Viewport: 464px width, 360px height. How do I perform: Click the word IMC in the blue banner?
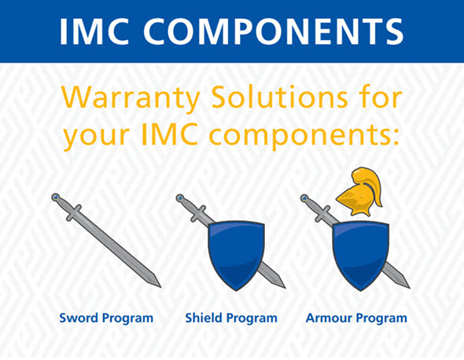(94, 31)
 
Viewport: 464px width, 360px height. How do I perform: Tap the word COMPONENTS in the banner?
(274, 31)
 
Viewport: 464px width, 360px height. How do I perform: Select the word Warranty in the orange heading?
(131, 98)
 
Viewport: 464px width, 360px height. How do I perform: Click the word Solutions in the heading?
(280, 97)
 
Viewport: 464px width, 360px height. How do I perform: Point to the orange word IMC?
(170, 134)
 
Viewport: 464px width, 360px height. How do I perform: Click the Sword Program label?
(106, 319)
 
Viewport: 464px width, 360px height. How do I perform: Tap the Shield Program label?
(231, 319)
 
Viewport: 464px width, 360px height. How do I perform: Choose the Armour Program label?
(356, 319)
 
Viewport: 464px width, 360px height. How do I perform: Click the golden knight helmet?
(359, 191)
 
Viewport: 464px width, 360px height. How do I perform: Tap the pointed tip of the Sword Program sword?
(160, 287)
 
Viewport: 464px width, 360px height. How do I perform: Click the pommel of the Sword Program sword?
(56, 197)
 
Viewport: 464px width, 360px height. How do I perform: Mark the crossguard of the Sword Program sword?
(74, 213)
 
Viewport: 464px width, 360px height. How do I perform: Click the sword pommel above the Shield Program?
(180, 198)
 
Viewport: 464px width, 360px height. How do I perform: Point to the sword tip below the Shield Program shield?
(285, 288)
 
